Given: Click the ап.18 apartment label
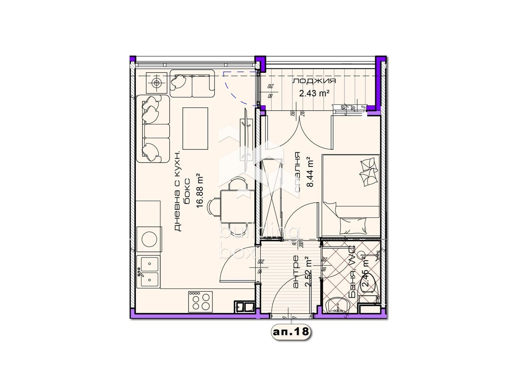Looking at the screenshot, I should (290, 332).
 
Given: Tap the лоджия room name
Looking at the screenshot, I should (314, 81).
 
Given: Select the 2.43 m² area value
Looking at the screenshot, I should (314, 93).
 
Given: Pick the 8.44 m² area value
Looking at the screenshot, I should (310, 172).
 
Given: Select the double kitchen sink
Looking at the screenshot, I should (149, 272).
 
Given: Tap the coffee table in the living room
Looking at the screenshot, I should (196, 128).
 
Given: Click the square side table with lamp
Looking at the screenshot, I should (157, 83).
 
